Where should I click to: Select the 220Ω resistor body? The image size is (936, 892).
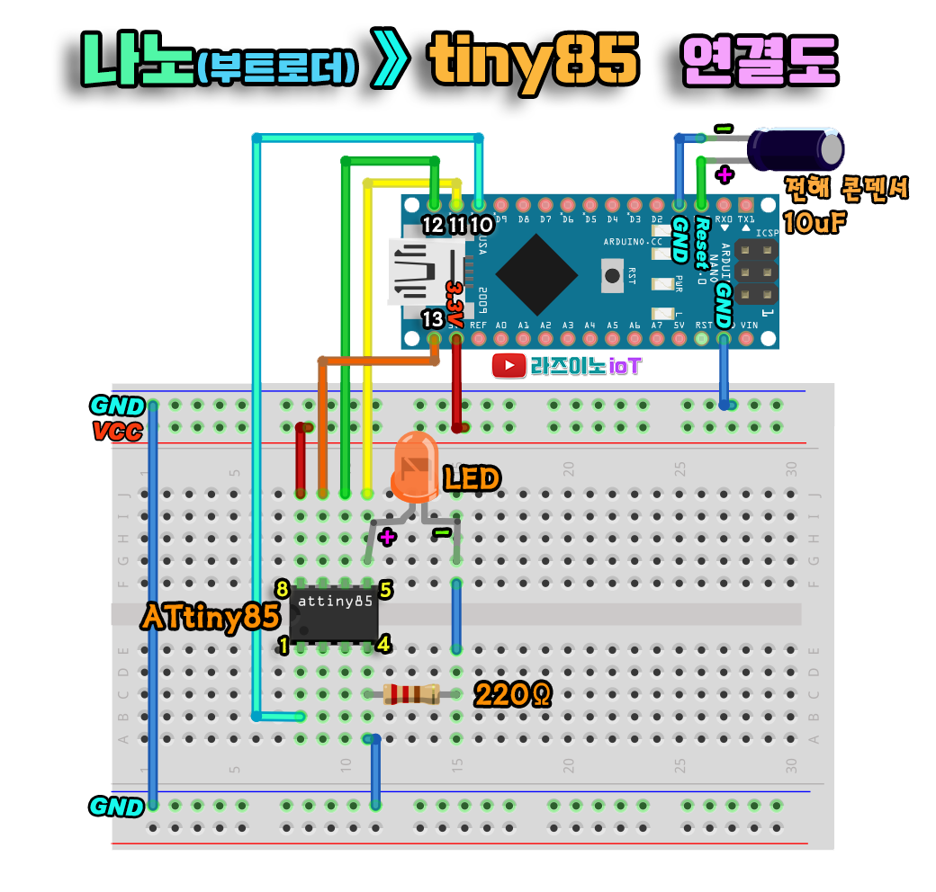[410, 694]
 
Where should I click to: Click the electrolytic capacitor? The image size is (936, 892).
[797, 148]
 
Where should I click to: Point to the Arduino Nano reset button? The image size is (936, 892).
[613, 273]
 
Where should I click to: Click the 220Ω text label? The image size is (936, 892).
[512, 694]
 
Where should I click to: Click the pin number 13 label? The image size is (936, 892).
[432, 319]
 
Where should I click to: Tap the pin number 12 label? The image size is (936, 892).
[433, 225]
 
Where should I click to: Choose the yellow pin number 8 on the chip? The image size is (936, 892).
[283, 590]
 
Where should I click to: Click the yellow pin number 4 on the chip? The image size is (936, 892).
[382, 645]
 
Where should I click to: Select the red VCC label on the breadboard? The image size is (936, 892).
[118, 432]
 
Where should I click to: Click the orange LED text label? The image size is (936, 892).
[471, 479]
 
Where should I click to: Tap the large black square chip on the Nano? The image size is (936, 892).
[536, 275]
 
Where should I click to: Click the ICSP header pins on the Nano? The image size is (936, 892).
[756, 272]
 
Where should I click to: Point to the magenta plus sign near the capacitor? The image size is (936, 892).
[724, 174]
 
